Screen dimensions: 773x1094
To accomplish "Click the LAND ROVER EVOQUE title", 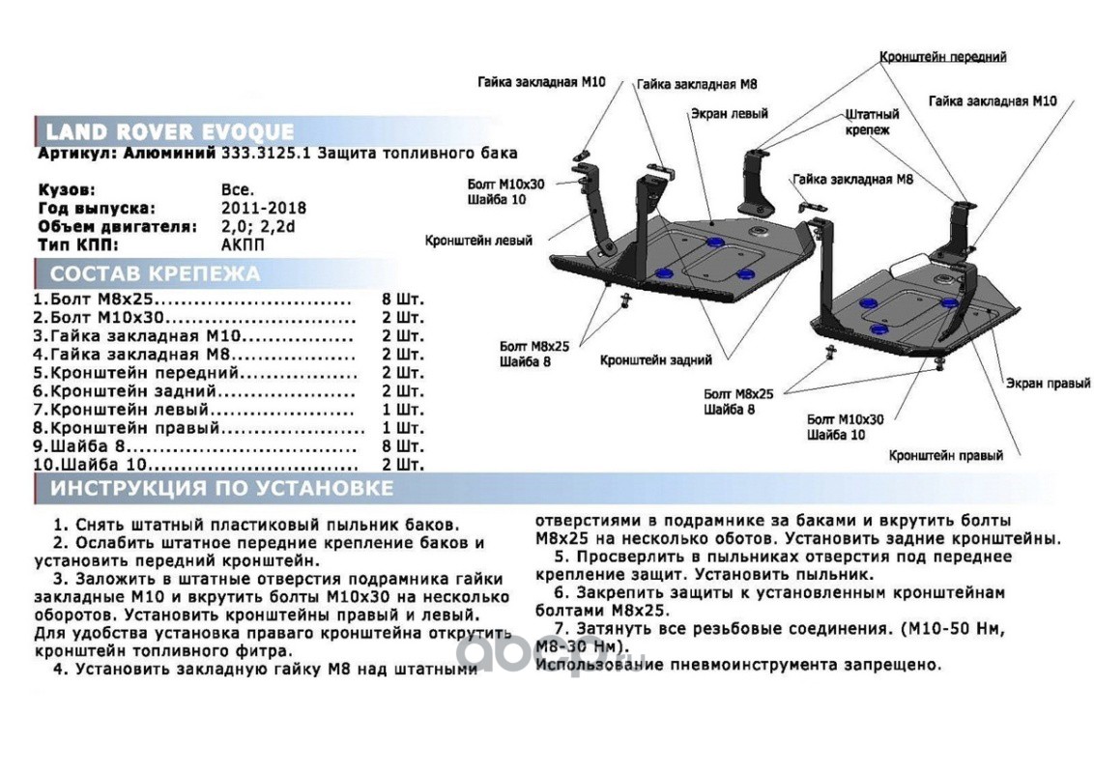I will coord(170,132).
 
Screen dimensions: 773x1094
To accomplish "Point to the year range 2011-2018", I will coord(264,208).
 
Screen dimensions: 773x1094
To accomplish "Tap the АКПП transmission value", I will coord(242,243).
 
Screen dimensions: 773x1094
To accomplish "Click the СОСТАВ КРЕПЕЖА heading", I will coord(155,273).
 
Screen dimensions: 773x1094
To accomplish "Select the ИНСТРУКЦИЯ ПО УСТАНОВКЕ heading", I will coord(221,489).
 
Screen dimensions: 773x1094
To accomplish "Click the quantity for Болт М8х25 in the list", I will coord(403,299).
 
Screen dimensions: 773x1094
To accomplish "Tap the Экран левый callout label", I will coord(729,113).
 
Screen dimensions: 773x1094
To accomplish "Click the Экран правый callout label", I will coord(1048,384).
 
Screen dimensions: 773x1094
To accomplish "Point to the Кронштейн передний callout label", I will coord(942,57).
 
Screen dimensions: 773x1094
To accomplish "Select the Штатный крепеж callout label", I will coord(872,121).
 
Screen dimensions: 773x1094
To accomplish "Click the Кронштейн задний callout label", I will coord(655,360).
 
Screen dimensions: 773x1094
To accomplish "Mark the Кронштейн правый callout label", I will coord(945,454).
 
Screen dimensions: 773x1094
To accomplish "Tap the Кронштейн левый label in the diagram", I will coord(478,241).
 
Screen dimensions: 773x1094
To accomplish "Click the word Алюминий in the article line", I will coord(160,153).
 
